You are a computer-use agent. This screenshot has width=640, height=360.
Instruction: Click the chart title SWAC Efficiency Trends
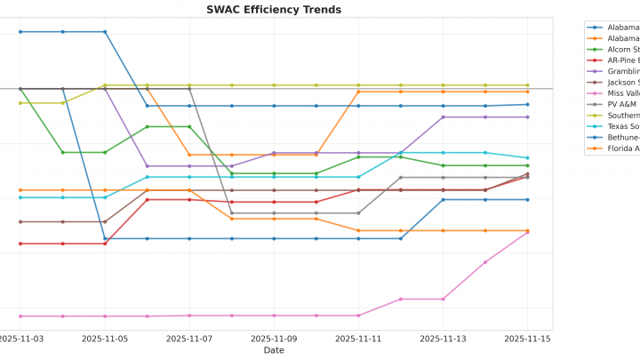point(274,10)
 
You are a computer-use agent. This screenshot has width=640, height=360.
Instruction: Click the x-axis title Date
point(274,350)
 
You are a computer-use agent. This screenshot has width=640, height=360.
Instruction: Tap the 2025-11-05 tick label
point(105,339)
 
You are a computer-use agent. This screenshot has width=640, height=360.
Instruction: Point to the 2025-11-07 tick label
point(189,339)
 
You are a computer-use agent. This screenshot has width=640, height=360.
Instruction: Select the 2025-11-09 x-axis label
point(274,339)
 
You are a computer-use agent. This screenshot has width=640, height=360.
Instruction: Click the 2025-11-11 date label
point(358,339)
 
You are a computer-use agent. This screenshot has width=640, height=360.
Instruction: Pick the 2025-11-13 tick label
point(443,339)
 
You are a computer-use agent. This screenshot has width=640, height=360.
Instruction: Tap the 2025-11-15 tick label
point(527,339)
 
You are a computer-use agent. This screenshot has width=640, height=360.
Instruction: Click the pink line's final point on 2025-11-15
point(527,232)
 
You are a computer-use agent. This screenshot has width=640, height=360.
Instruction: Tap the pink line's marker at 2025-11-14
point(485,262)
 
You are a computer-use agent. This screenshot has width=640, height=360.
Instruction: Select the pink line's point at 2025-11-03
point(20,316)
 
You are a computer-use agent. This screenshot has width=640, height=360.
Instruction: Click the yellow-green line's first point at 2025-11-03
point(20,103)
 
